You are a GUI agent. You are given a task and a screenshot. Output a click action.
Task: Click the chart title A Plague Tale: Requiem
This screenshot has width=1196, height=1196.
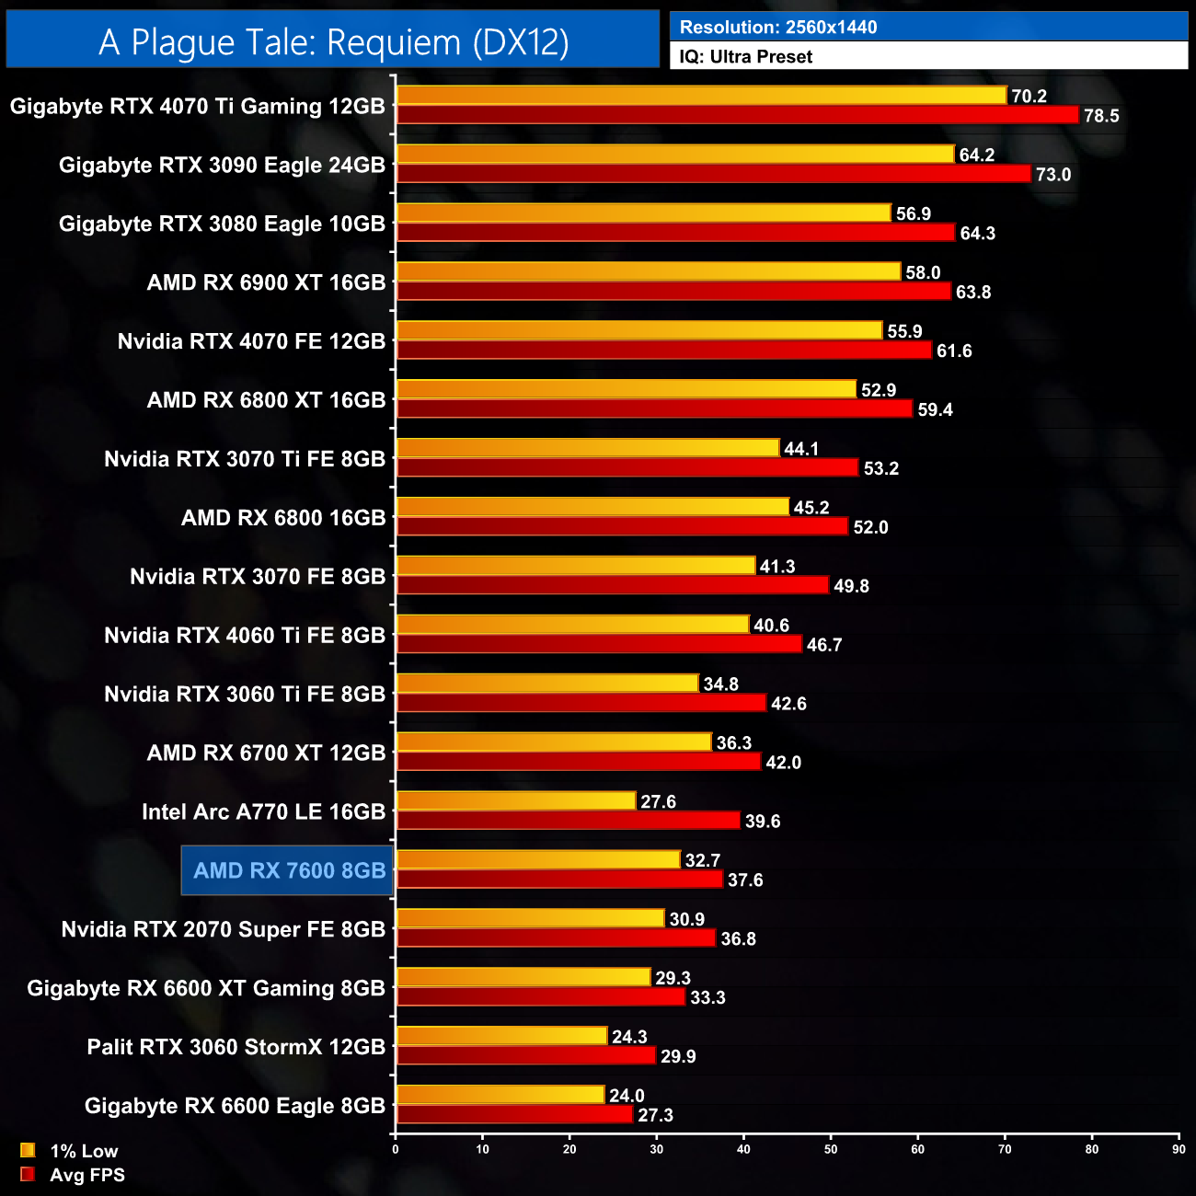333,42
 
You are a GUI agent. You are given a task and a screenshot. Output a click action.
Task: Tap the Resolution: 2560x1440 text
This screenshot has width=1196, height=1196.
778,28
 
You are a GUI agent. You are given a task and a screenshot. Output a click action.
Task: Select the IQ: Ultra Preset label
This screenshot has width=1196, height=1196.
746,57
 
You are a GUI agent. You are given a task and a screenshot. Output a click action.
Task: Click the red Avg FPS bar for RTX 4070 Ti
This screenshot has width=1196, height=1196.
736,115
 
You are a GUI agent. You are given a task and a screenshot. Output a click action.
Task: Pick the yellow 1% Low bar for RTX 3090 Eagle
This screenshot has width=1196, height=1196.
674,155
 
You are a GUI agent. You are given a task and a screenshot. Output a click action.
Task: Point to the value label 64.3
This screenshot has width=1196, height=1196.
977,234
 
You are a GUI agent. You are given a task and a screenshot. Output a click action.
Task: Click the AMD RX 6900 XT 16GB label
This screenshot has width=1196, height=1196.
266,282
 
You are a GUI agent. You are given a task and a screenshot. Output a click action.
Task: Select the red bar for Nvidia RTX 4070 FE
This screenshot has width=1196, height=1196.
663,351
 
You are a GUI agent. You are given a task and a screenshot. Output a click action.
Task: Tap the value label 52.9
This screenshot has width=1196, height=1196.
878,390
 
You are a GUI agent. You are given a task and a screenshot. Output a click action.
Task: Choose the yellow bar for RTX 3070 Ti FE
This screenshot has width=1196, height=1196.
588,448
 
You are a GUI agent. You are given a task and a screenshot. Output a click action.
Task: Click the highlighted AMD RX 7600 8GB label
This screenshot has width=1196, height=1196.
289,870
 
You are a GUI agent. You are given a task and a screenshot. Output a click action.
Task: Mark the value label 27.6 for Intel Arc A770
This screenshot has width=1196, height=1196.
658,802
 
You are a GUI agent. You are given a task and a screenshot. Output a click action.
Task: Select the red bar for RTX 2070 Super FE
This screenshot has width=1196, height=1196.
556,938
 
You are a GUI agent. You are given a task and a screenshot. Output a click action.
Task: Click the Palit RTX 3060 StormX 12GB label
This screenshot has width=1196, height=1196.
236,1047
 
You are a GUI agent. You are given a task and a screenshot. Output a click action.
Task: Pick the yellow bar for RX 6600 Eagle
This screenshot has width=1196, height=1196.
500,1095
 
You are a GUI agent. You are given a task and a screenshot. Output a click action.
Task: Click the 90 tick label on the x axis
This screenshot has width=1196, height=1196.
1179,1149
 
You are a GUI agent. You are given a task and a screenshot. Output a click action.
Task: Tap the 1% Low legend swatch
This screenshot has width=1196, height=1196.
28,1150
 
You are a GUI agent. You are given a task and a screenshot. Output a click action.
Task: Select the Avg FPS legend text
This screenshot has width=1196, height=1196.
87,1175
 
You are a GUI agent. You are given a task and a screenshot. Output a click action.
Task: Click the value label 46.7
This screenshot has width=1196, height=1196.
823,645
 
